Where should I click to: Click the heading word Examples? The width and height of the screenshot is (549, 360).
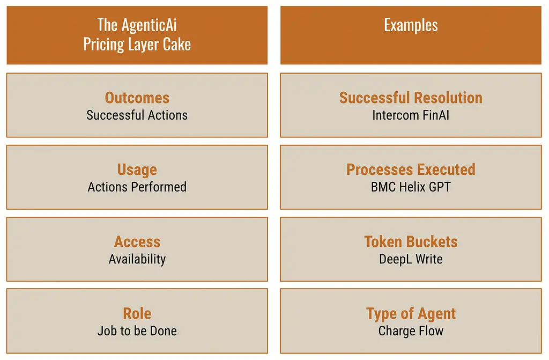click(411, 25)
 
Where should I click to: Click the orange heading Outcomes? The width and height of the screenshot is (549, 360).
click(137, 98)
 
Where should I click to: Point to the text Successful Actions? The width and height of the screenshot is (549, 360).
click(137, 115)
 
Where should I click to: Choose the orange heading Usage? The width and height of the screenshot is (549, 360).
click(137, 170)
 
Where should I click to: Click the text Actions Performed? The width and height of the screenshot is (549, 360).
click(137, 187)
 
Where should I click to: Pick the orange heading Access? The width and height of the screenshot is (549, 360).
click(137, 242)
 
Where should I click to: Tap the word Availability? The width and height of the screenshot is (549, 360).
click(137, 259)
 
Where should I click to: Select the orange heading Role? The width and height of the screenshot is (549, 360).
click(137, 313)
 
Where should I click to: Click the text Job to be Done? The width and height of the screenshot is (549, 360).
click(137, 331)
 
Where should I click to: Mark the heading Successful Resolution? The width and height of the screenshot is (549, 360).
click(411, 98)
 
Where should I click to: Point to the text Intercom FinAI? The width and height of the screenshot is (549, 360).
click(411, 115)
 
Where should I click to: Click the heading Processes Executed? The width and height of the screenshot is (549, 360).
click(411, 170)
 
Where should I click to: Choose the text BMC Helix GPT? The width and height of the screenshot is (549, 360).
click(411, 187)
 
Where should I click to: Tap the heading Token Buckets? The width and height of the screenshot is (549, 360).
click(411, 242)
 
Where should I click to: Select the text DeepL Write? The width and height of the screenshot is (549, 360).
click(411, 259)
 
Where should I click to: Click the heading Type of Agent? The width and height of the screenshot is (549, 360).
click(411, 314)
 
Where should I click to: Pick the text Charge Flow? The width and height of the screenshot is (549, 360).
click(411, 331)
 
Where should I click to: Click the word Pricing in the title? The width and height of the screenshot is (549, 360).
click(103, 45)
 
